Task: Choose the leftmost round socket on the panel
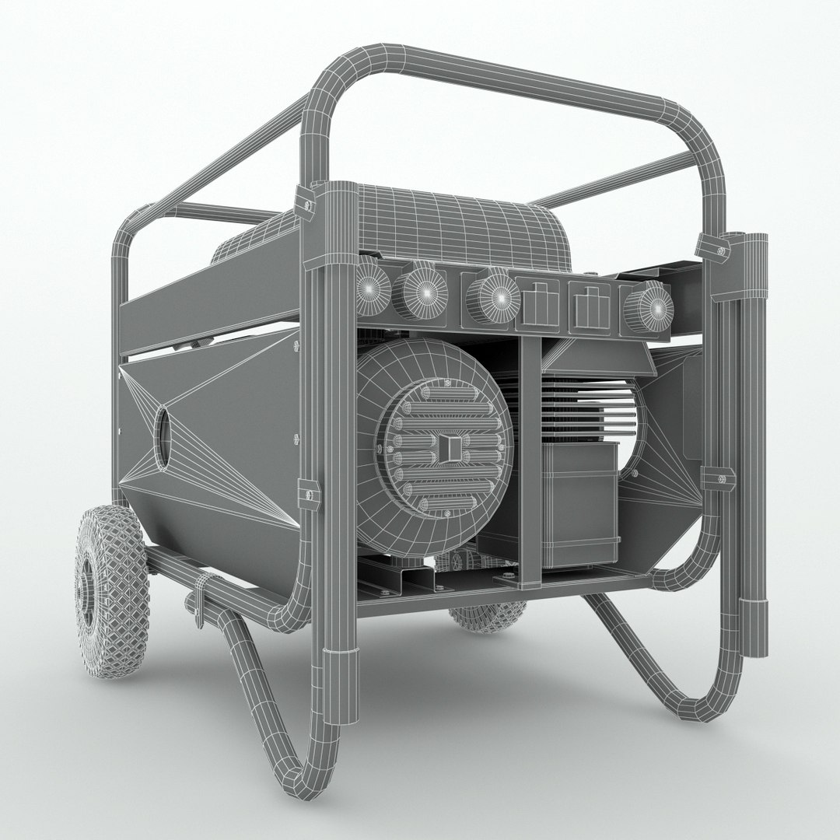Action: click(x=373, y=291)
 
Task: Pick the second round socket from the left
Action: click(x=424, y=292)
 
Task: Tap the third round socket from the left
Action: click(x=494, y=298)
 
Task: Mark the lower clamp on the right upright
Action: click(x=717, y=478)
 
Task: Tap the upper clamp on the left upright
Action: click(x=305, y=204)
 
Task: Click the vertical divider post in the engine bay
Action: click(x=530, y=459)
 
